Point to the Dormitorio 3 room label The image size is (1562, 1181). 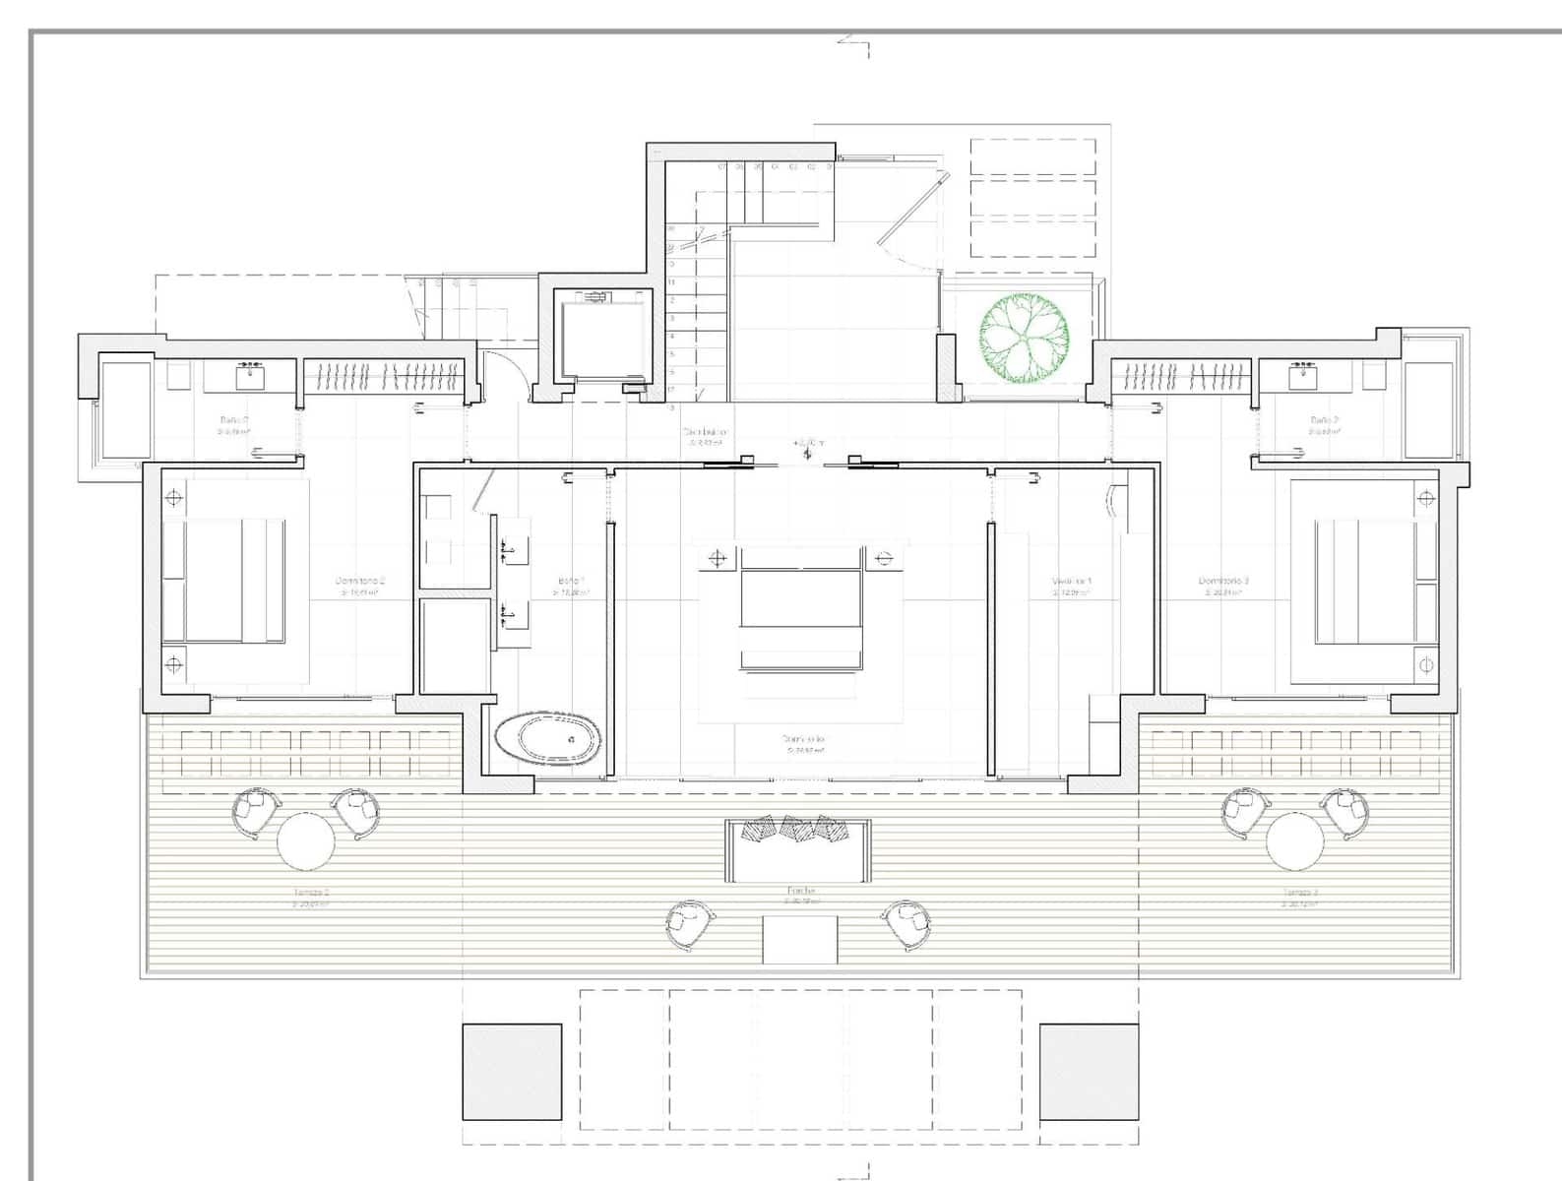[1223, 585]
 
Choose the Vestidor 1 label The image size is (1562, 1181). [1072, 585]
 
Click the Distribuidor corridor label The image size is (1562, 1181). [705, 435]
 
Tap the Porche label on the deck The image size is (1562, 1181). [801, 894]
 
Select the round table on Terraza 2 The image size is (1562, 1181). [306, 840]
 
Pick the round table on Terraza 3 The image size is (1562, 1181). [1295, 840]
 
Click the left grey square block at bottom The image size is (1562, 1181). [512, 1072]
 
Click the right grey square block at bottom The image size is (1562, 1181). [1089, 1072]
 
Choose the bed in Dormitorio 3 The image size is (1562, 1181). [1364, 581]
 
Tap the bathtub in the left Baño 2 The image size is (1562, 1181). [126, 409]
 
